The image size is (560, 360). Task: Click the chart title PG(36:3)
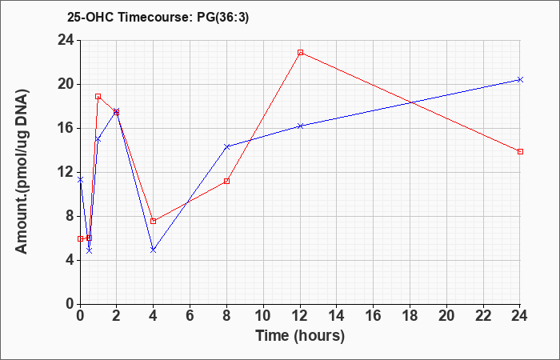[x=222, y=17]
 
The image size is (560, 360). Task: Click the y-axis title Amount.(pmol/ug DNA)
[x=22, y=172]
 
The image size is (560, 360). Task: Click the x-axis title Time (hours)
[x=300, y=336]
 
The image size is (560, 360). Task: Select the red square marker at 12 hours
[x=300, y=53]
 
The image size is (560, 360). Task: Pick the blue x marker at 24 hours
[x=520, y=80]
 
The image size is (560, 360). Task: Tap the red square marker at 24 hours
[x=520, y=152]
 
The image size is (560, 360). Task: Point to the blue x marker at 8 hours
[x=226, y=146]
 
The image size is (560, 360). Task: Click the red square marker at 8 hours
[x=226, y=181]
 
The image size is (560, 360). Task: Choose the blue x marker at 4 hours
[x=154, y=250]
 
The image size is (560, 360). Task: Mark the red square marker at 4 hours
[x=154, y=222]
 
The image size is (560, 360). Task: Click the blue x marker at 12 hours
[x=300, y=126]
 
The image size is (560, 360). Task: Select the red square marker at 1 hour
[x=98, y=97]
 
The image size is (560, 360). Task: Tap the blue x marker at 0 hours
[x=80, y=180]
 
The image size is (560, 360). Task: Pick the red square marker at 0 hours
[x=80, y=238]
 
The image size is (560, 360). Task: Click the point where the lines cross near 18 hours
[x=411, y=103]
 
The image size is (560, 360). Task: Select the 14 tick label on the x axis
[x=337, y=316]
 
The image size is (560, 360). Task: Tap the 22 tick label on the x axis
[x=483, y=316]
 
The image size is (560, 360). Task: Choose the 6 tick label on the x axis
[x=190, y=316]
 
